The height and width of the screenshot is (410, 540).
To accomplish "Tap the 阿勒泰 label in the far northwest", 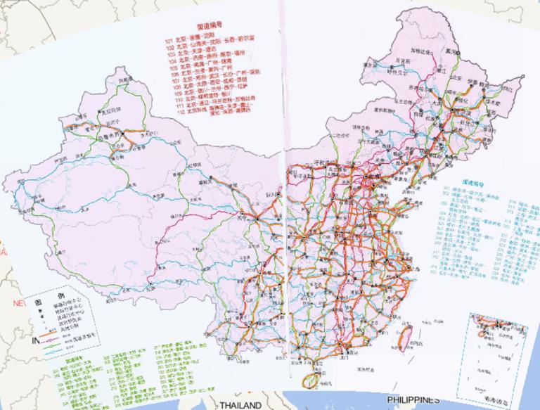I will point(127,81).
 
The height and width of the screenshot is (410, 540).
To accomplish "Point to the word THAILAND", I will point(240,405).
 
